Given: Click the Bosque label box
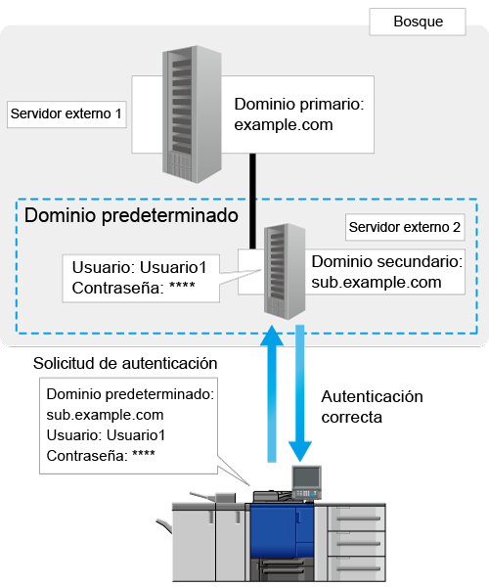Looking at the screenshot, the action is tap(418, 22).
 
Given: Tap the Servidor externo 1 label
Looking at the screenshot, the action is tap(67, 113).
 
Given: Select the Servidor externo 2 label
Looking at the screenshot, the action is tap(405, 227).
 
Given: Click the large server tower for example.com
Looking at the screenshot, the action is tap(192, 114).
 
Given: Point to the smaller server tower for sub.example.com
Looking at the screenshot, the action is tap(285, 272).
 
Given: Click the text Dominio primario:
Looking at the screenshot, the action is tap(299, 104).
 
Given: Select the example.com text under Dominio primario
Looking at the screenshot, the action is tap(284, 124).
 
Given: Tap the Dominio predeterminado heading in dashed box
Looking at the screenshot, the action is tap(131, 215).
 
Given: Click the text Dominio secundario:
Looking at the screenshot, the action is tap(387, 261).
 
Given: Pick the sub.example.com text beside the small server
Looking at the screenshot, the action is tap(377, 283).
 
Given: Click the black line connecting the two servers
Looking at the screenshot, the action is tap(253, 201).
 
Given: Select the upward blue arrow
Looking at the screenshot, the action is tap(272, 393).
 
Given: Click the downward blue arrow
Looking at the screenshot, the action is tap(300, 393).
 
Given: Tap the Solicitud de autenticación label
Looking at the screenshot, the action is tap(125, 364).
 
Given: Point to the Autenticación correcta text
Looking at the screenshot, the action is tap(372, 407).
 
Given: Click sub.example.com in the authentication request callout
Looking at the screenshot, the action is tap(105, 415).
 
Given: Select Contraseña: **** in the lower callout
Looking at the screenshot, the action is tap(101, 456).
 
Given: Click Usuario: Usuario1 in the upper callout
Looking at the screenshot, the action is tap(139, 268).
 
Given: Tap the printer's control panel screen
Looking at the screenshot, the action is tap(307, 477).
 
